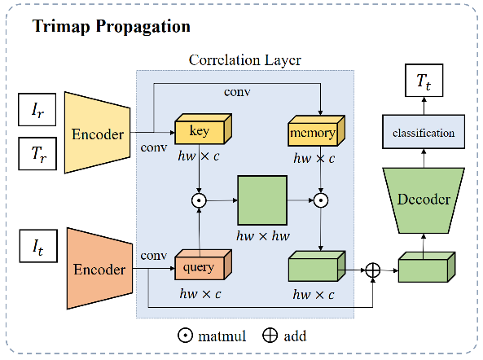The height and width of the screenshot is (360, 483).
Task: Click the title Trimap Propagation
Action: (x=111, y=26)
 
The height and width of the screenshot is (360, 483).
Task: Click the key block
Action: (x=199, y=130)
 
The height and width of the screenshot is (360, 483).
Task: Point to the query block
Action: (x=200, y=266)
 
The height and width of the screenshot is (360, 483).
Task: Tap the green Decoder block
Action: (x=424, y=199)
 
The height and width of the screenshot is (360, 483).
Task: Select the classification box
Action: (x=424, y=132)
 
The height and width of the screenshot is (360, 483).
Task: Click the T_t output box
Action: (x=424, y=81)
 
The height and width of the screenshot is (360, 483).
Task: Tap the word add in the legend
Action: (x=294, y=335)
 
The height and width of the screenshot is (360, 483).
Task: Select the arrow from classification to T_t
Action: (x=424, y=106)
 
